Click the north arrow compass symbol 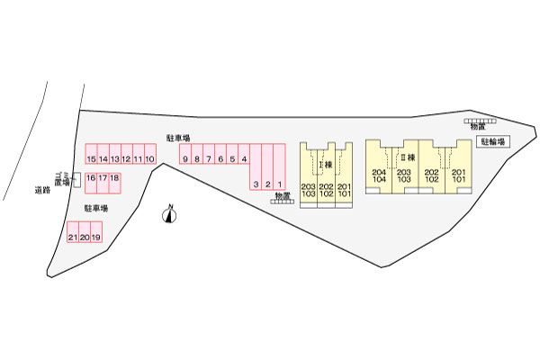169,214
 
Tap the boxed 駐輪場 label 494,141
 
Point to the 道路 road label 41,190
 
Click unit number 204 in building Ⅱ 378,172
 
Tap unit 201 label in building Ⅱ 459,172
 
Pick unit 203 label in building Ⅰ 309,185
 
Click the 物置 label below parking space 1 283,195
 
